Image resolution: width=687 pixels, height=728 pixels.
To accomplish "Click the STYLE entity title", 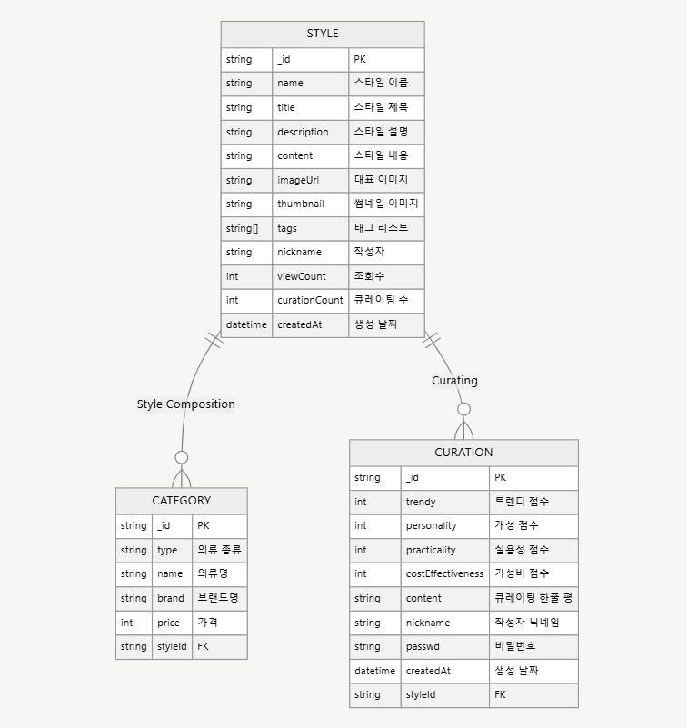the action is pyautogui.click(x=323, y=34).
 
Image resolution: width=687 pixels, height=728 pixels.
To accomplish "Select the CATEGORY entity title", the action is pyautogui.click(x=181, y=500).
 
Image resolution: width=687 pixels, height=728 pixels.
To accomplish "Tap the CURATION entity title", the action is pyautogui.click(x=463, y=452).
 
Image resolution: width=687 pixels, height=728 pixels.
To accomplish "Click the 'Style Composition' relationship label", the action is pyautogui.click(x=185, y=404).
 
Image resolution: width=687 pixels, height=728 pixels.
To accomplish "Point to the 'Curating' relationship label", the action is pyautogui.click(x=454, y=381).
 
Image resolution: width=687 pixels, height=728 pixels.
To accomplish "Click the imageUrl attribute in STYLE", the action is pyautogui.click(x=298, y=180).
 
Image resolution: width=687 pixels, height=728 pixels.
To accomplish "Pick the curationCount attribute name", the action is pyautogui.click(x=310, y=300).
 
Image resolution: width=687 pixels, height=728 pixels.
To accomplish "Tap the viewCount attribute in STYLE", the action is pyautogui.click(x=302, y=276).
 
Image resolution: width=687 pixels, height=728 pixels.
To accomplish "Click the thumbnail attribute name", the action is pyautogui.click(x=301, y=204).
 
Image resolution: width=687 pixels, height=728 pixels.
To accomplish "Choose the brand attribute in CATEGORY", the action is pyautogui.click(x=171, y=598).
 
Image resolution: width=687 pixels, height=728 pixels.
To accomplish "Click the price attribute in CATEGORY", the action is pyautogui.click(x=168, y=623).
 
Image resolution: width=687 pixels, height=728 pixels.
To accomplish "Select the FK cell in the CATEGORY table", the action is pyautogui.click(x=204, y=646).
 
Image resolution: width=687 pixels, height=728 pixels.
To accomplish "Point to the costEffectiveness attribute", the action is pyautogui.click(x=444, y=573).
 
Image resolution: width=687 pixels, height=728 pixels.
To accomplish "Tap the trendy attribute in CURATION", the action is pyautogui.click(x=421, y=501).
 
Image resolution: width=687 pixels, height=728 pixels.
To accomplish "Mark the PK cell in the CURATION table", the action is pyautogui.click(x=501, y=477).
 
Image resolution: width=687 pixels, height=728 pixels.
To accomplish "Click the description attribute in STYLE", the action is pyautogui.click(x=303, y=132).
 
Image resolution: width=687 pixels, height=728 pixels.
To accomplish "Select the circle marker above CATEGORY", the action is pyautogui.click(x=182, y=457).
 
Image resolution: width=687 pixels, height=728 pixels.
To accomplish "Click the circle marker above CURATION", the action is pyautogui.click(x=464, y=409).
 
